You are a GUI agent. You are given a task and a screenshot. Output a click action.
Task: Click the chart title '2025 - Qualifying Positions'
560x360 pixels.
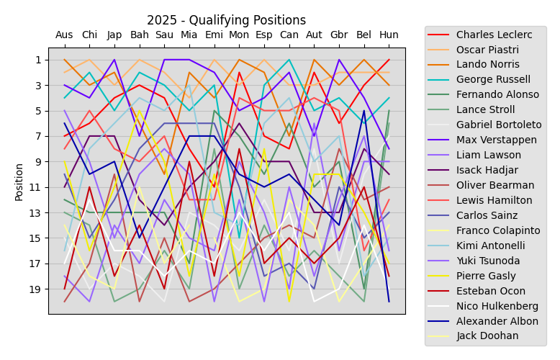(226, 20)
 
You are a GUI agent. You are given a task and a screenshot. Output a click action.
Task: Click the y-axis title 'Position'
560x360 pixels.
(19, 181)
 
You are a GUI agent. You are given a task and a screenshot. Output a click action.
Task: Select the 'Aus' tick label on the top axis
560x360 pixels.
(64, 35)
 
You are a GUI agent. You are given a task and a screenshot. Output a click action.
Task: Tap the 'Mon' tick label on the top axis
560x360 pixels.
(239, 35)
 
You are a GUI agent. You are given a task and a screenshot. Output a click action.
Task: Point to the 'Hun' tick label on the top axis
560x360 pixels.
(389, 35)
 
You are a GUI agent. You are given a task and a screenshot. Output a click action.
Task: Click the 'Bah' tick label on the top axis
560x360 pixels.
(139, 35)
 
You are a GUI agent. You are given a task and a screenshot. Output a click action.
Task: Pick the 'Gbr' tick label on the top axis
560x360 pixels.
(339, 35)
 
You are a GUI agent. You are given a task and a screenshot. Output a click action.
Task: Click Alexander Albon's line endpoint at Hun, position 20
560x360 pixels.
(389, 301)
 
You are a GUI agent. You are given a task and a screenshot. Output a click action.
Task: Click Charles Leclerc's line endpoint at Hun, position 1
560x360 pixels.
(389, 60)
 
